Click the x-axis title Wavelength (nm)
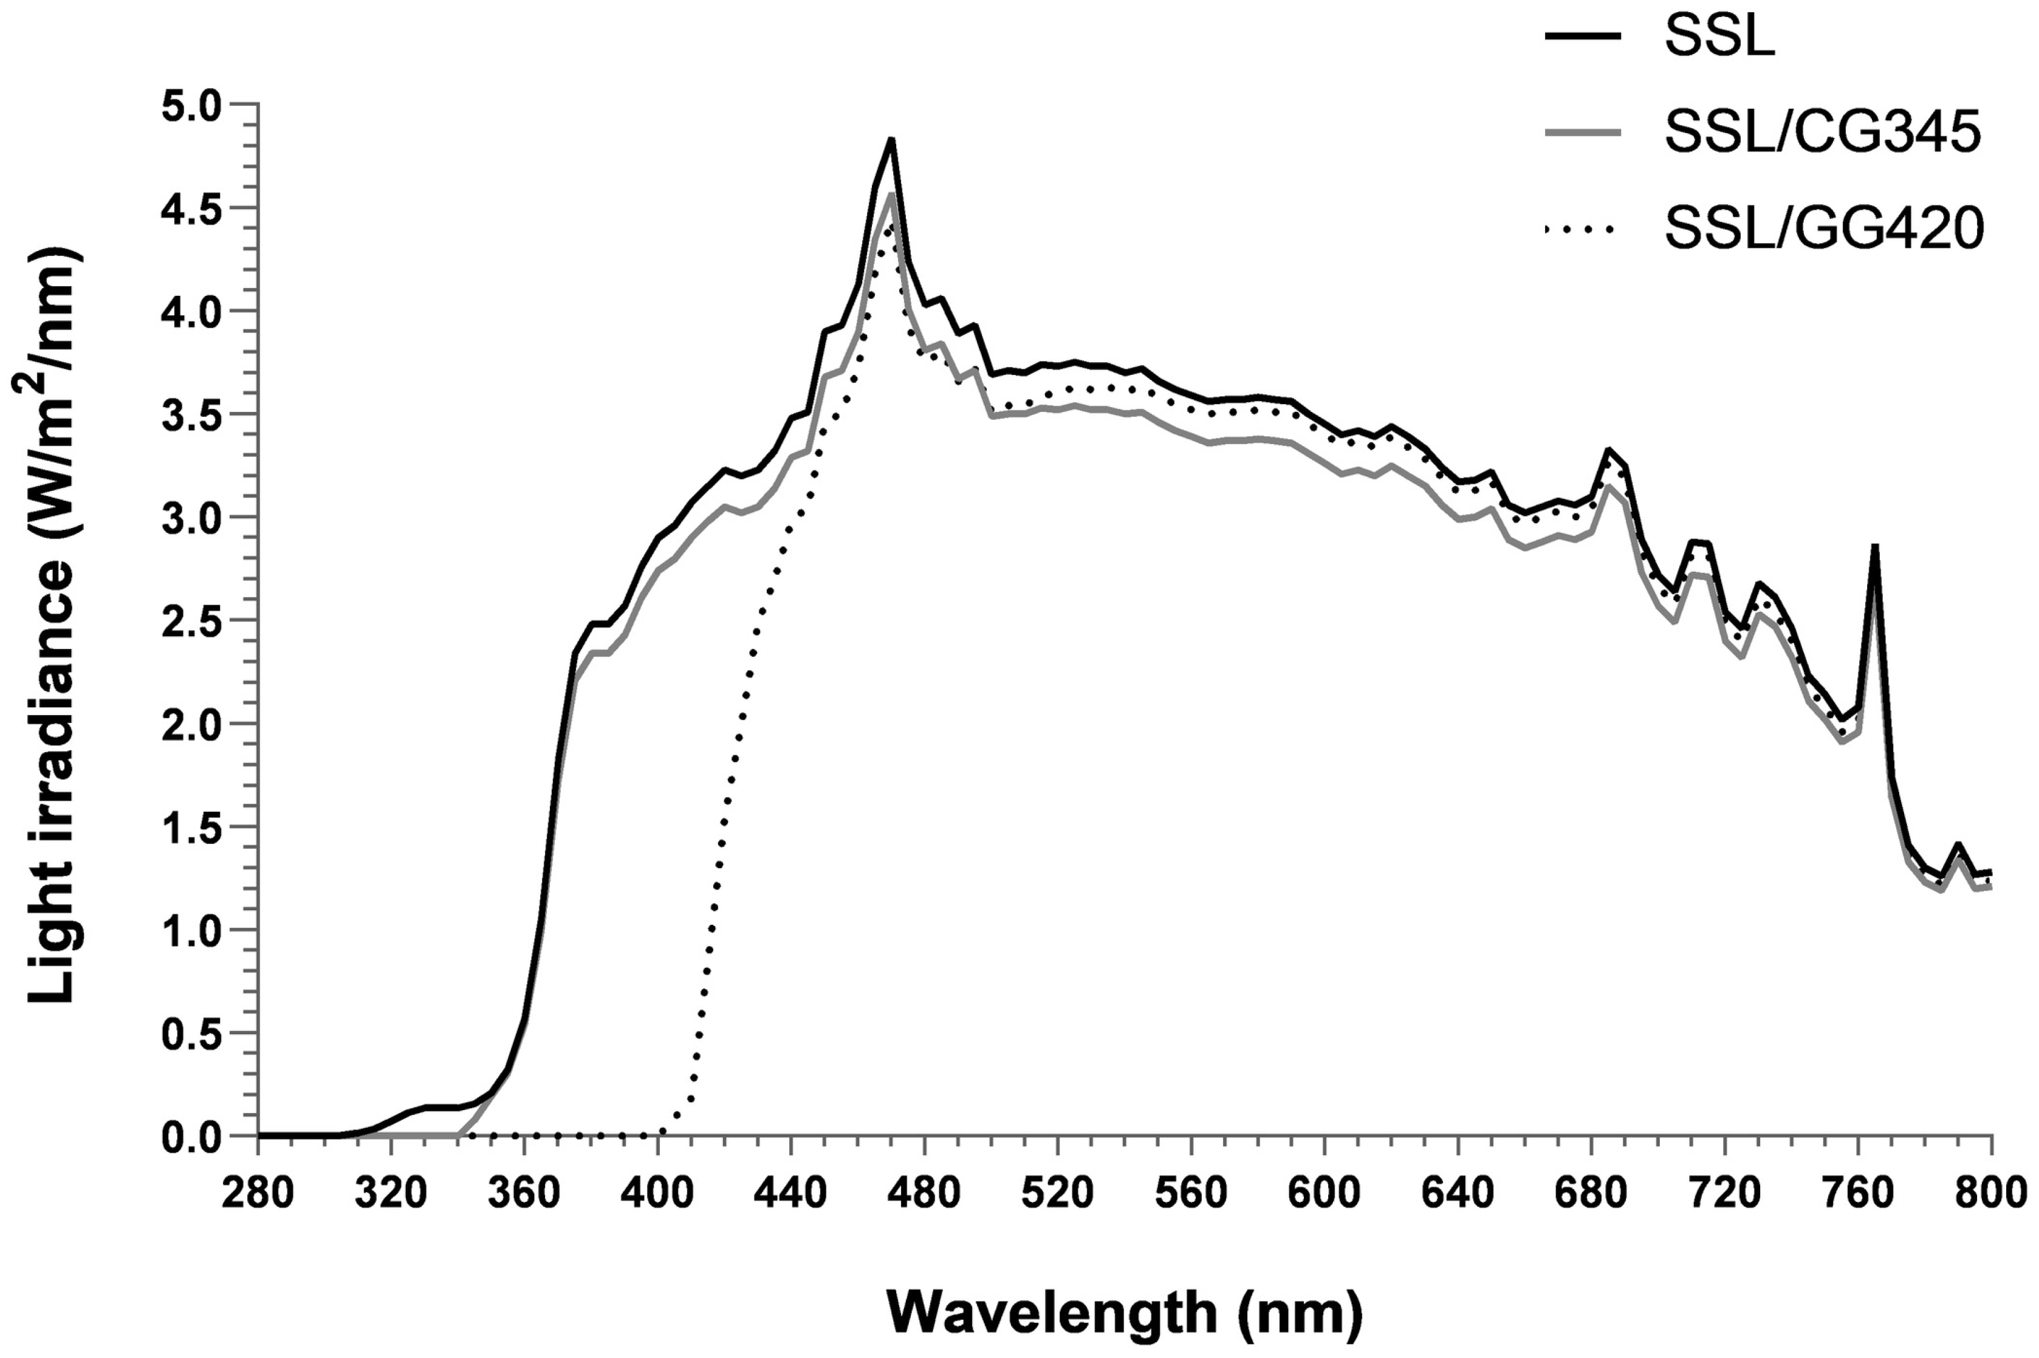pyautogui.click(x=1124, y=1314)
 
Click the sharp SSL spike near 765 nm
pyautogui.click(x=1874, y=546)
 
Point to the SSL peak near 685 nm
pyautogui.click(x=1608, y=450)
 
